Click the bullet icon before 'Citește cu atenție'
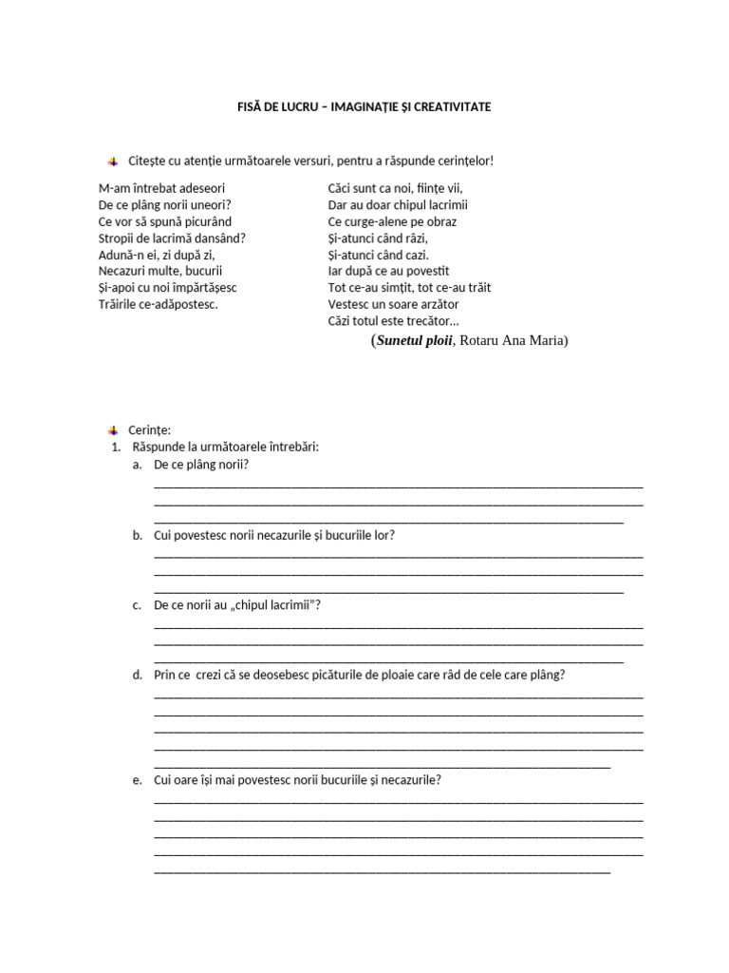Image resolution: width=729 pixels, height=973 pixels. point(113,161)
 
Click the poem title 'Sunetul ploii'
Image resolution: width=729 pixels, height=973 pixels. point(416,341)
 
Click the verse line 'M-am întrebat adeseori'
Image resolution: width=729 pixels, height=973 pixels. point(161,188)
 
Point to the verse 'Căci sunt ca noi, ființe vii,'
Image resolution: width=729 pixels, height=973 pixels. point(395,188)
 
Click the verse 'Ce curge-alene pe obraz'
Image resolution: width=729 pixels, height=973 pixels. point(392,221)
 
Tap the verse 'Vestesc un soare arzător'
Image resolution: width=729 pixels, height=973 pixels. point(393,305)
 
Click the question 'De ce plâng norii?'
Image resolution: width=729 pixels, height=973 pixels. point(200,465)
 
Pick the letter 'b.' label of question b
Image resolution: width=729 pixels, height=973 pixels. point(138,535)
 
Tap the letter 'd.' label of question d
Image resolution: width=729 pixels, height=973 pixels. point(138,676)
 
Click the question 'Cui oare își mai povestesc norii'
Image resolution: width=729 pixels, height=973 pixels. point(297,780)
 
